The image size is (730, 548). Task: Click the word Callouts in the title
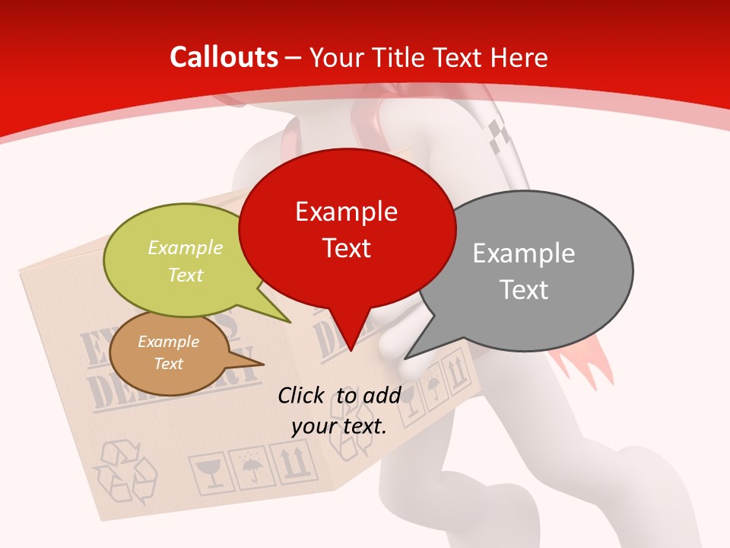[x=224, y=57]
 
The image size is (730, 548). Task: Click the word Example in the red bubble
[x=346, y=211]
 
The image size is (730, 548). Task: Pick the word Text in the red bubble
[x=346, y=248]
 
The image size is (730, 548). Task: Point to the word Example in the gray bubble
[x=523, y=253]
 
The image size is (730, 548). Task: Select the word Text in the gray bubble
[x=523, y=290]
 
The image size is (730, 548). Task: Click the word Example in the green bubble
[x=185, y=247]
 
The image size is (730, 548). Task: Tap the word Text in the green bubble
[x=185, y=275]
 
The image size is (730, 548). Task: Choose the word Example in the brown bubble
[x=168, y=342]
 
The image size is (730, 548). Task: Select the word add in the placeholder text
[x=382, y=395]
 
